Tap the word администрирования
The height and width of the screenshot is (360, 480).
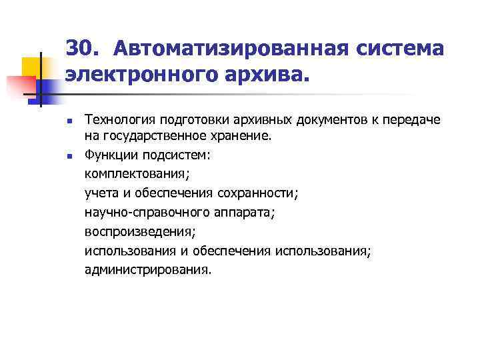pyautogui.click(x=147, y=271)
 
